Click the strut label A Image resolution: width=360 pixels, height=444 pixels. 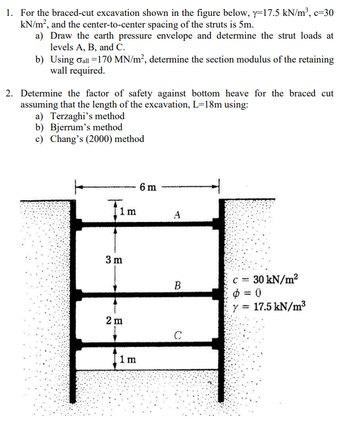point(178,215)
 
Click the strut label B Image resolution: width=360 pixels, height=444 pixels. point(177,286)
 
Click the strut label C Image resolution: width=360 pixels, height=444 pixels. point(178,334)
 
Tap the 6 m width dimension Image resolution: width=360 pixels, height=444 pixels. point(148,187)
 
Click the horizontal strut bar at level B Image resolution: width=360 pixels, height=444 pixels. point(148,295)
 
